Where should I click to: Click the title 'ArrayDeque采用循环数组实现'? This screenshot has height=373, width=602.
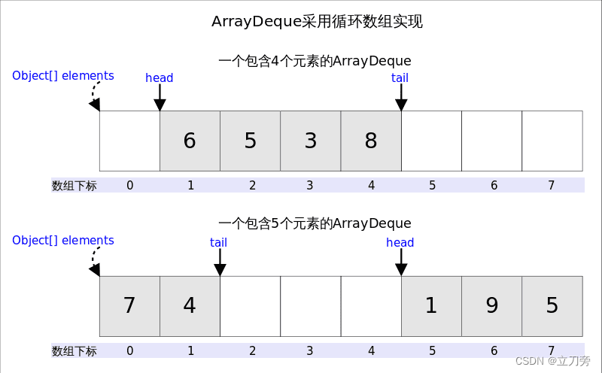317,22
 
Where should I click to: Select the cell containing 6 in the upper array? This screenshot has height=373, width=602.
190,141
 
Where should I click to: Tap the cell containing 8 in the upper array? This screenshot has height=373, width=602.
371,141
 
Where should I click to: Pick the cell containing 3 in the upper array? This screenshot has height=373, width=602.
310,141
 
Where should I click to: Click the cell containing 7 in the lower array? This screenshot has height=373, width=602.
129,306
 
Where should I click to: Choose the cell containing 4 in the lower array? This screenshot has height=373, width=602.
190,306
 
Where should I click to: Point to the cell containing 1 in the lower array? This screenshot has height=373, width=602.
431,306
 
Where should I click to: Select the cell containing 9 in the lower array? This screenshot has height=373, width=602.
491,306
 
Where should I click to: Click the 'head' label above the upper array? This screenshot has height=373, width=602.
160,78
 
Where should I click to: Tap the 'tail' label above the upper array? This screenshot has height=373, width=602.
400,78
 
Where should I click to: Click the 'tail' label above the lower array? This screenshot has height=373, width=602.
219,243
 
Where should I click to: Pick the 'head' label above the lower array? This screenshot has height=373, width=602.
400,243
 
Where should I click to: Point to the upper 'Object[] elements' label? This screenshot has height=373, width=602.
63,76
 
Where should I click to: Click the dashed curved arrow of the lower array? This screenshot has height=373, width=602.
94,260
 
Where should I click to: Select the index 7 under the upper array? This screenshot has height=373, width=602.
552,186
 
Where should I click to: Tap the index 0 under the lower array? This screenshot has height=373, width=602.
130,350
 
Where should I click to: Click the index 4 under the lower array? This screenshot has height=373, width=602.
372,350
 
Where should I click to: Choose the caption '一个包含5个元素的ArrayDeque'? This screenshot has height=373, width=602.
315,223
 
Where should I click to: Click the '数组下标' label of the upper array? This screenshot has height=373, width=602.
74,186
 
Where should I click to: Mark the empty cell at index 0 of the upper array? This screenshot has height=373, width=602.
129,141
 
